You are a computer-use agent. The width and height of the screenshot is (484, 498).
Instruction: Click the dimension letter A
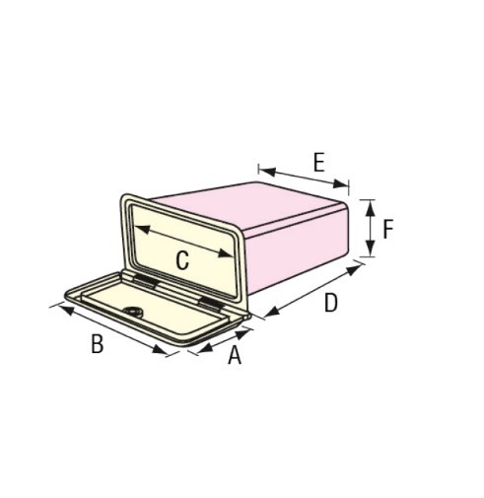pos(235,355)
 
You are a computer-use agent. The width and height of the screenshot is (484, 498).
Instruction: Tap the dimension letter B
pos(98,344)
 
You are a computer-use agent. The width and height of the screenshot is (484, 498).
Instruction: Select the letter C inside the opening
pos(182,260)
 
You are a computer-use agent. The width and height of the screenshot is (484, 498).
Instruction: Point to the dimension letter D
pos(331,303)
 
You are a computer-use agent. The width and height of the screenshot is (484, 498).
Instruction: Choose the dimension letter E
pos(319,163)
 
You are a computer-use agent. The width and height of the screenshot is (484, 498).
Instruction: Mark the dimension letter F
pos(388,229)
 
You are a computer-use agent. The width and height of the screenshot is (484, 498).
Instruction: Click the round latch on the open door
pos(134,312)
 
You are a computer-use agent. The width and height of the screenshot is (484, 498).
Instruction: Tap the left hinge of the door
pos(144,281)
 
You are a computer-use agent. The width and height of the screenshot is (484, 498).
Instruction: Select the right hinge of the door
pos(210,304)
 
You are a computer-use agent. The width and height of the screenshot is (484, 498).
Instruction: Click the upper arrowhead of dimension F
pos(371,208)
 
